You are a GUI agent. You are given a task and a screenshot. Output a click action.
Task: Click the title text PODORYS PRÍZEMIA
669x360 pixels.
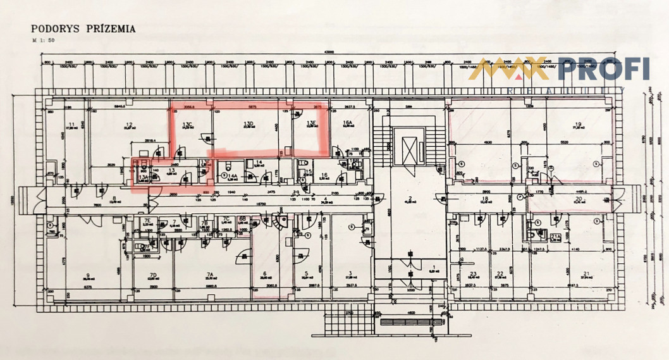[83, 28]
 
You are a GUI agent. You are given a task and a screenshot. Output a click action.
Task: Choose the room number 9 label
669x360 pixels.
[88, 275]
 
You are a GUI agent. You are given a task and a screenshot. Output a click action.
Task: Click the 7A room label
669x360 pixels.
[208, 275]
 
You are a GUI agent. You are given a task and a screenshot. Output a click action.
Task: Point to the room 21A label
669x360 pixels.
[555, 236]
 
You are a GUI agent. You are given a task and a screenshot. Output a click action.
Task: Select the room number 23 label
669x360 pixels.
[472, 275]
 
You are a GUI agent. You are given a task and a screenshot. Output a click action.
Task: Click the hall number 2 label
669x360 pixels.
[410, 199]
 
